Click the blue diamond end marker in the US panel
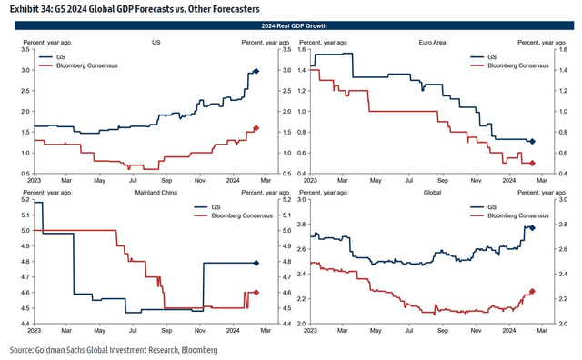(256, 71)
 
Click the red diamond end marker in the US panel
(256, 128)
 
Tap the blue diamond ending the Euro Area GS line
(532, 141)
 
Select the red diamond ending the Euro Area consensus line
(532, 163)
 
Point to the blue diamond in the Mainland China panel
(256, 264)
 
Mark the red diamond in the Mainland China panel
(256, 292)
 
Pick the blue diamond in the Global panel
(532, 228)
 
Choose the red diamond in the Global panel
(532, 291)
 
